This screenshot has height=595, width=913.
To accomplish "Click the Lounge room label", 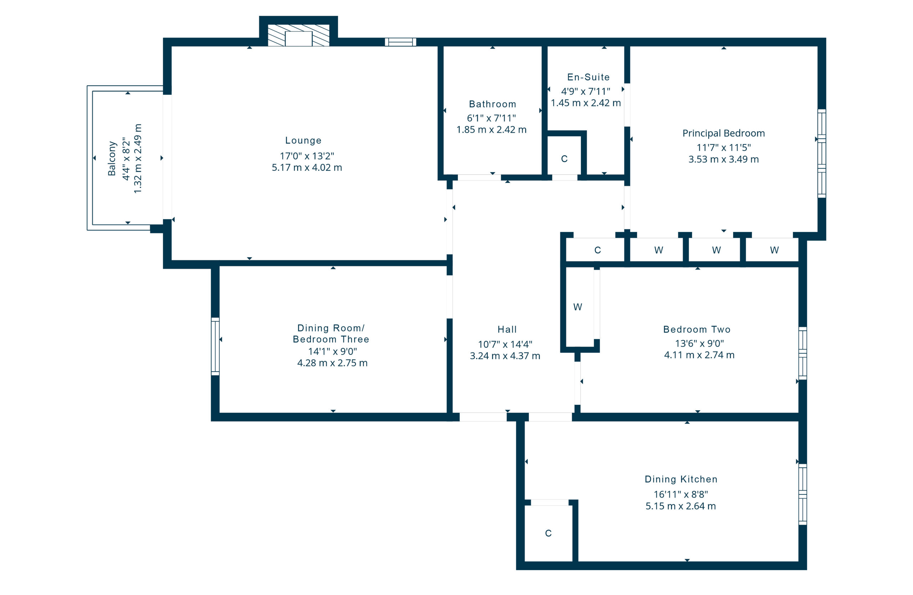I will pyautogui.click(x=303, y=141).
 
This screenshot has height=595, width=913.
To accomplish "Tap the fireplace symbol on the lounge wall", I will pyautogui.click(x=299, y=36).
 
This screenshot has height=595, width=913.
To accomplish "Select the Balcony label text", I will pyautogui.click(x=112, y=158).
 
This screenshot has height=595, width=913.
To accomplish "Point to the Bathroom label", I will pyautogui.click(x=493, y=104).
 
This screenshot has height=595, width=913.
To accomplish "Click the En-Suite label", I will pyautogui.click(x=588, y=77).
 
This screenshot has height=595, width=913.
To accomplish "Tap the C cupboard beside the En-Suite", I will pyautogui.click(x=564, y=159).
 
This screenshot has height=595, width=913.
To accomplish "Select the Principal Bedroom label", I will pyautogui.click(x=724, y=133).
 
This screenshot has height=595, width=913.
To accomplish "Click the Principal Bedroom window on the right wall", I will pyautogui.click(x=821, y=153).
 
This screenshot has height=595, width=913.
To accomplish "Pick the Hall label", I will pyautogui.click(x=507, y=329).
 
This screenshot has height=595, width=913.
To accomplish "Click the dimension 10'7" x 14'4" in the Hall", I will pyautogui.click(x=505, y=344).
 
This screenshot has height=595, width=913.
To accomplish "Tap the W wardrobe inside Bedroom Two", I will pyautogui.click(x=578, y=307).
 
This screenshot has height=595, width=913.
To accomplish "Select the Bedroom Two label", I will pyautogui.click(x=697, y=329).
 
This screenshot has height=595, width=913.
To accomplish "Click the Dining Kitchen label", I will pyautogui.click(x=681, y=479).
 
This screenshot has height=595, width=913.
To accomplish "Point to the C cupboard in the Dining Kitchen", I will pyautogui.click(x=549, y=533).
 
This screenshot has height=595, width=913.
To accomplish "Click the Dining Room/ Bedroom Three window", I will pyautogui.click(x=215, y=346).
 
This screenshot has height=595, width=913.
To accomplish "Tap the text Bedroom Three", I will pyautogui.click(x=331, y=339).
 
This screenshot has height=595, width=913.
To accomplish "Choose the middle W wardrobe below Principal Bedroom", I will pyautogui.click(x=716, y=250).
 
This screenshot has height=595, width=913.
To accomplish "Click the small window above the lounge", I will pyautogui.click(x=401, y=42).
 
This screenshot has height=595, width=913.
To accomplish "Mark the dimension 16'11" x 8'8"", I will pyautogui.click(x=681, y=494).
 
